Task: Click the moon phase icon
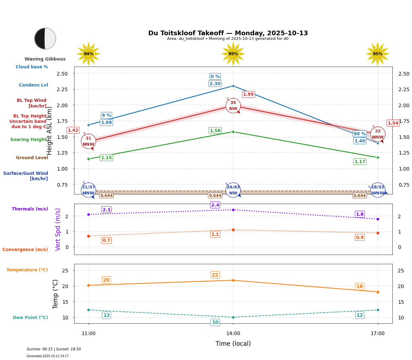click(45, 38)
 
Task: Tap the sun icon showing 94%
click(88, 54)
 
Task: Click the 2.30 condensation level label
click(215, 84)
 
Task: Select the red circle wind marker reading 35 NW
click(233, 106)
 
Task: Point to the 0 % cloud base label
click(215, 77)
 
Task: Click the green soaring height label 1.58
click(215, 131)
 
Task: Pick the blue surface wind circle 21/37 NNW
click(88, 190)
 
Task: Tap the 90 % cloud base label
click(360, 134)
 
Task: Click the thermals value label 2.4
click(215, 205)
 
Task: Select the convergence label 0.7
click(106, 240)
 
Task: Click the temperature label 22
click(215, 275)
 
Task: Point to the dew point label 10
click(215, 323)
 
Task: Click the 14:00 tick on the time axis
click(233, 334)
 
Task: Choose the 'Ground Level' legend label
click(32, 158)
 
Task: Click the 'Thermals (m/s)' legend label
click(30, 209)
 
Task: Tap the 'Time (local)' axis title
click(233, 344)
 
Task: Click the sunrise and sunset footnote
click(54, 349)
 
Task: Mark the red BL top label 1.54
click(393, 123)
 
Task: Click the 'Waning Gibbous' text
click(45, 59)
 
